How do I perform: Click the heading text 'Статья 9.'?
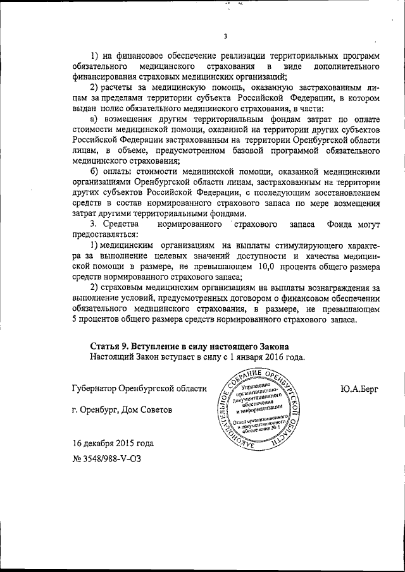111,346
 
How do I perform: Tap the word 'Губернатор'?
96,389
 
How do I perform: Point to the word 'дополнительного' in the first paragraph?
344,66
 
